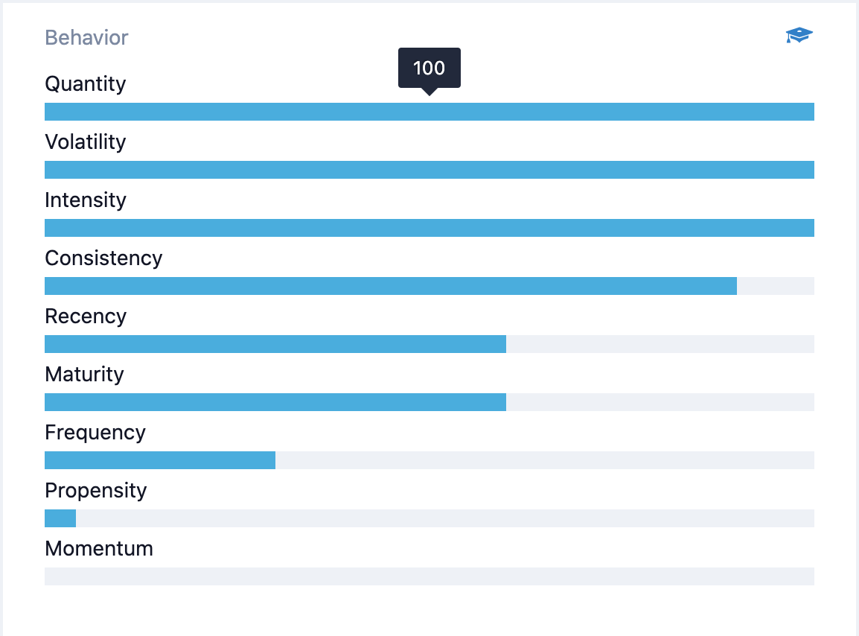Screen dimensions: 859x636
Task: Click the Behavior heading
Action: pyautogui.click(x=86, y=38)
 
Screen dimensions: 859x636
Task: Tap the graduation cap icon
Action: pyautogui.click(x=799, y=35)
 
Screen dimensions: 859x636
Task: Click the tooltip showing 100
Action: pyautogui.click(x=429, y=69)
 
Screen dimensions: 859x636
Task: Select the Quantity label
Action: pyautogui.click(x=86, y=84)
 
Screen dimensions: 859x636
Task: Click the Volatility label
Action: pyautogui.click(x=86, y=142)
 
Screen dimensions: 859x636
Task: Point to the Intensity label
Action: pyautogui.click(x=86, y=200)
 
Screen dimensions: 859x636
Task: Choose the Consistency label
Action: pyautogui.click(x=103, y=258)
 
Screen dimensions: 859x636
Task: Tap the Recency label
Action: pyautogui.click(x=86, y=317)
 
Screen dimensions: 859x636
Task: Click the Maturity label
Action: pyautogui.click(x=84, y=375)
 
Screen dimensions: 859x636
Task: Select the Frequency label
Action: pyautogui.click(x=95, y=433)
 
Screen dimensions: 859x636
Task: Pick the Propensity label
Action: pyautogui.click(x=96, y=491)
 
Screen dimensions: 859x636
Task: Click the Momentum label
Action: pyautogui.click(x=99, y=549)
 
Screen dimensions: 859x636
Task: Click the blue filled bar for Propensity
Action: pyautogui.click(x=60, y=518)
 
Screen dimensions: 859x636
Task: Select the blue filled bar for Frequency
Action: pyautogui.click(x=160, y=460)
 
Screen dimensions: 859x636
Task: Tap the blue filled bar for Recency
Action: pyautogui.click(x=275, y=344)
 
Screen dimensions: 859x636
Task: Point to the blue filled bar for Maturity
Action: pyautogui.click(x=275, y=402)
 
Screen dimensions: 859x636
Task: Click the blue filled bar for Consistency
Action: pyautogui.click(x=391, y=286)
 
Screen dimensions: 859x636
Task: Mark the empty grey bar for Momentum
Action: pyautogui.click(x=429, y=576)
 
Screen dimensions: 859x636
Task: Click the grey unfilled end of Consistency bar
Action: pyautogui.click(x=776, y=286)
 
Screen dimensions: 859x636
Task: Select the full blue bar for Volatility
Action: pyautogui.click(x=429, y=169)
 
